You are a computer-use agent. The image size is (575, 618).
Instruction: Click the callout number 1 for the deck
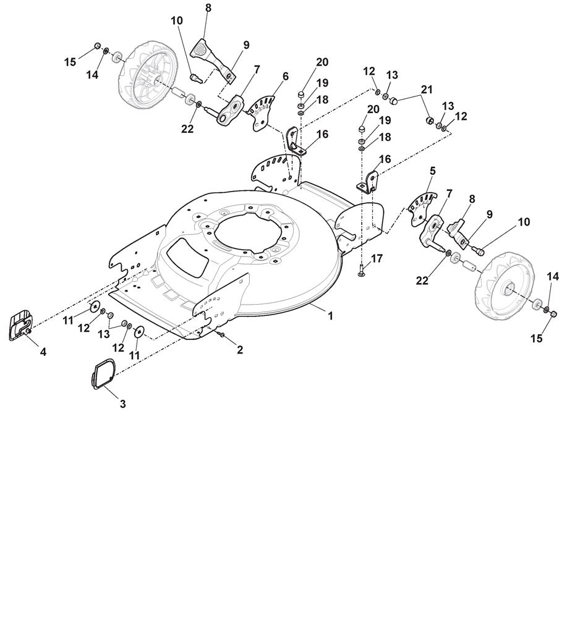[x=331, y=316]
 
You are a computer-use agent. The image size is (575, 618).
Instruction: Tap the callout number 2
[x=240, y=349]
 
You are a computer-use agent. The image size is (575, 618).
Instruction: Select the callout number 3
[x=122, y=404]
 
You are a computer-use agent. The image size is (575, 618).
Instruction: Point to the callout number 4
[x=43, y=352]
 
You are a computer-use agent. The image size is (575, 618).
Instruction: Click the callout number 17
[x=377, y=258]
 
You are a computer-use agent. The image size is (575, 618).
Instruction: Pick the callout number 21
[x=427, y=90]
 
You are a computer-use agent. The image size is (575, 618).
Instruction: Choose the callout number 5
[x=433, y=171]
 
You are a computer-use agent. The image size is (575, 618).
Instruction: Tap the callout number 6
[x=285, y=76]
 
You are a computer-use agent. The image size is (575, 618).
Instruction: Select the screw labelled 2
[x=222, y=335]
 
